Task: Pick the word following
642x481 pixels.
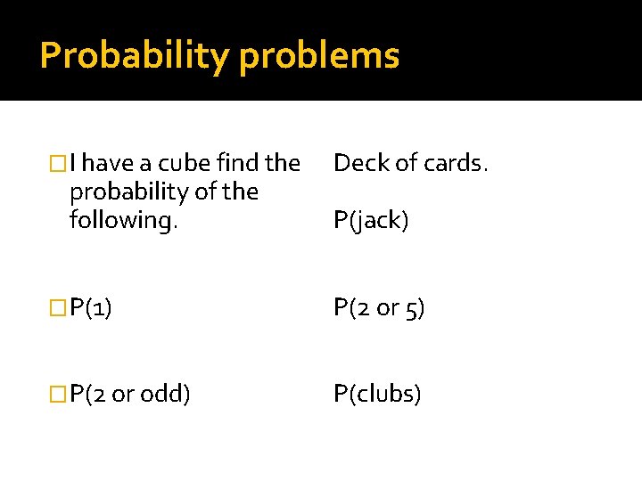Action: [x=123, y=220]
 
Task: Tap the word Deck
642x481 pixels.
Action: [x=357, y=163]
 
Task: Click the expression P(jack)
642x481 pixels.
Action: [x=371, y=220]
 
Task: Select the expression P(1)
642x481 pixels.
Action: [x=91, y=308]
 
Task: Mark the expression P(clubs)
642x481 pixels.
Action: [x=377, y=393]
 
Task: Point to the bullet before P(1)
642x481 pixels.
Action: [x=60, y=308]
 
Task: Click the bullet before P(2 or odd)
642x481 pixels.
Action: [x=60, y=393]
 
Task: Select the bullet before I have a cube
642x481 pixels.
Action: [x=60, y=163]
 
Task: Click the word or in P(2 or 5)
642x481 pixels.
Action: [x=388, y=308]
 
